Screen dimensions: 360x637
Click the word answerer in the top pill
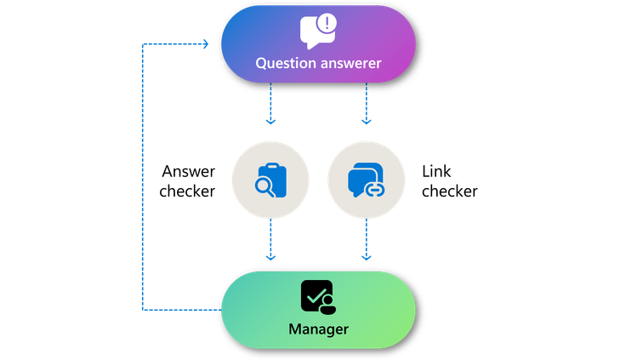point(350,64)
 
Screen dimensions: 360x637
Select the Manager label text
point(318,328)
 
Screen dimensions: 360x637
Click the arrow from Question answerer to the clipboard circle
point(270,106)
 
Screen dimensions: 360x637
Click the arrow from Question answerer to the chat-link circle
point(367,106)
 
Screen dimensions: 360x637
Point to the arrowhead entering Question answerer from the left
point(204,43)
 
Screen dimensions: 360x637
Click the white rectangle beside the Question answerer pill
point(217,43)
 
